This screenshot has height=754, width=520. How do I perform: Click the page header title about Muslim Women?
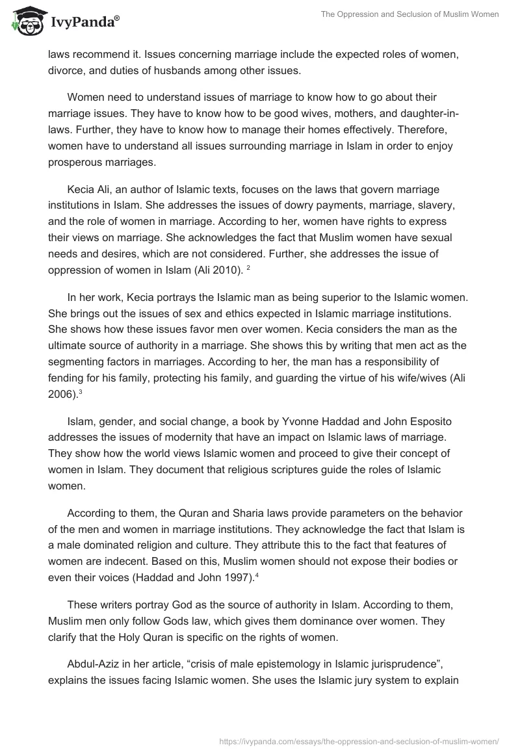click(x=409, y=14)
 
